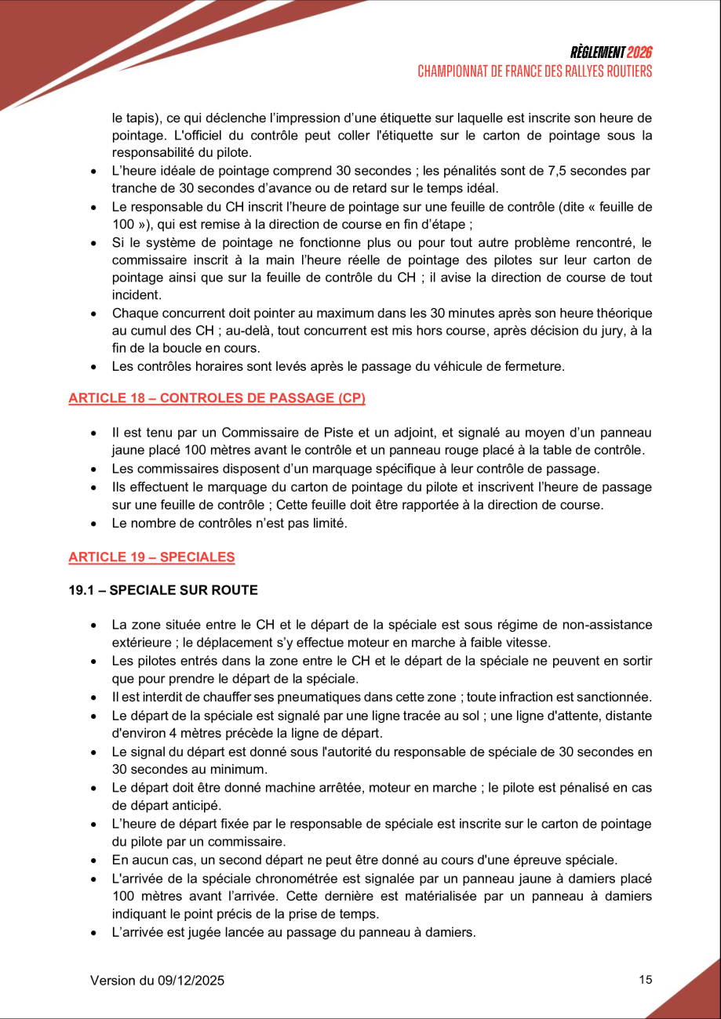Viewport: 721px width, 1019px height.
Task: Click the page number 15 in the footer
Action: [646, 979]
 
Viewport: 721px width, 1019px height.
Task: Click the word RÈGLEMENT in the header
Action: [599, 53]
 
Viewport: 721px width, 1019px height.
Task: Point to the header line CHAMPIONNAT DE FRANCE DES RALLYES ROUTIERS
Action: [535, 71]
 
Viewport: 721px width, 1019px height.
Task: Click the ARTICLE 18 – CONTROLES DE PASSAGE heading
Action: [217, 398]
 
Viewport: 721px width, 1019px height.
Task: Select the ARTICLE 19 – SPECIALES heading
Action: [151, 557]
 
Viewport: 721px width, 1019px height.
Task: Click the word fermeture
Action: [537, 366]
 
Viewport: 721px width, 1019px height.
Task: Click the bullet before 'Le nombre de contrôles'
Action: [94, 524]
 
